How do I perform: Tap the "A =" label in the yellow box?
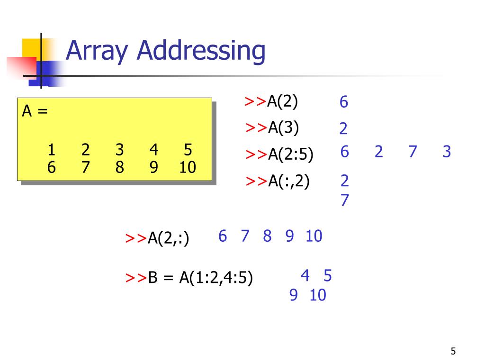tap(35, 111)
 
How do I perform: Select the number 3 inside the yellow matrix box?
tap(119, 150)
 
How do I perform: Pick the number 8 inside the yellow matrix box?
tap(119, 167)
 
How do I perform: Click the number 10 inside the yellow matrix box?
tap(188, 167)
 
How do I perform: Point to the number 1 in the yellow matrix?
tap(51, 150)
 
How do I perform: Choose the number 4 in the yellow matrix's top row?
tap(153, 150)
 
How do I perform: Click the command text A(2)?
tap(283, 101)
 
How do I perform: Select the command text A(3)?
tap(284, 127)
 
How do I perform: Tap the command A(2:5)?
tap(290, 155)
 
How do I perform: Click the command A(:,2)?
tap(289, 181)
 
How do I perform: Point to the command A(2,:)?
tap(169, 238)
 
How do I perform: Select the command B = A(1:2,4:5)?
tap(200, 278)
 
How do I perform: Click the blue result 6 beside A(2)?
tap(344, 102)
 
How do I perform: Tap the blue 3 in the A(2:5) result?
tap(447, 152)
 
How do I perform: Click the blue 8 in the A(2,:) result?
tap(267, 236)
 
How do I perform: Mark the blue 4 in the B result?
tap(305, 275)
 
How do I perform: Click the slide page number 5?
tap(453, 351)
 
